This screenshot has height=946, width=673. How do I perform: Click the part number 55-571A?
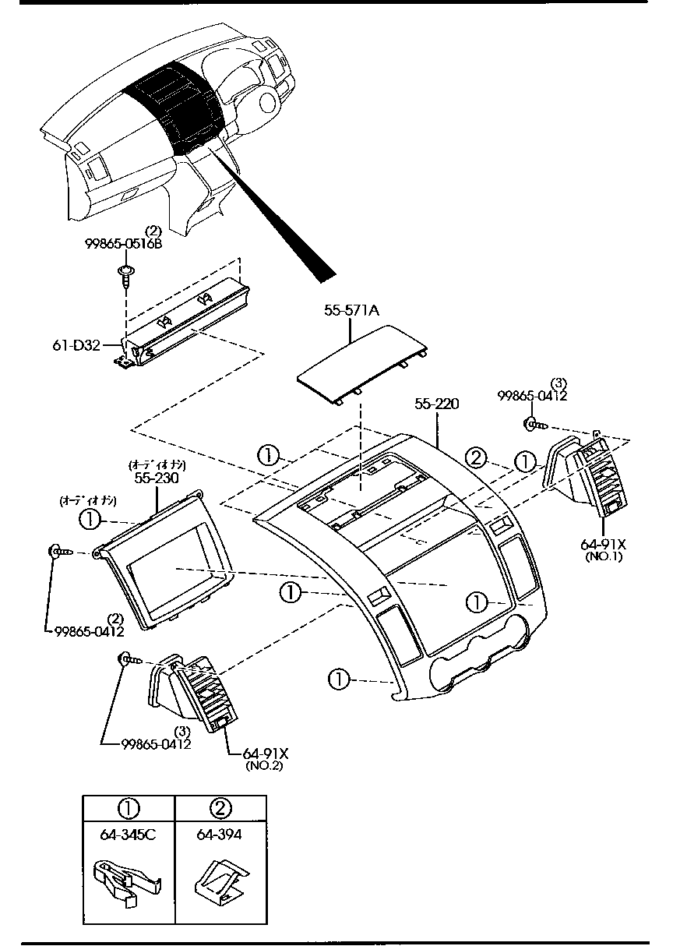click(x=351, y=311)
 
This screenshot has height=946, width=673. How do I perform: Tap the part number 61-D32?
click(x=76, y=345)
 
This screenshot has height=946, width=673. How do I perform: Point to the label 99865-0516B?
click(x=123, y=244)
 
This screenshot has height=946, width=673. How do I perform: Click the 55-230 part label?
click(x=157, y=478)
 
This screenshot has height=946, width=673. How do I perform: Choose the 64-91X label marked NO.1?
click(x=603, y=542)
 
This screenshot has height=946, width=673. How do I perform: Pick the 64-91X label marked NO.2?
click(x=266, y=754)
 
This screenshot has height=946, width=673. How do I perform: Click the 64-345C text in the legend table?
click(x=128, y=835)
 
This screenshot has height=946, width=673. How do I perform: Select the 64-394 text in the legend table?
click(x=219, y=835)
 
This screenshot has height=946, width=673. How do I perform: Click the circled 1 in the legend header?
click(x=128, y=807)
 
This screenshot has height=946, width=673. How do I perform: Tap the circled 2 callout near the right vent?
click(x=477, y=457)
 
